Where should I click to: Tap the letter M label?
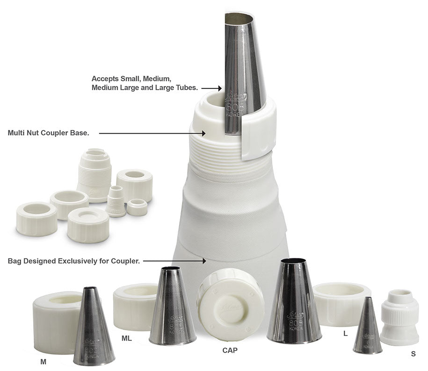(43, 361)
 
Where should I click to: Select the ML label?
(127, 338)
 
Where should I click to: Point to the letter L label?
(346, 334)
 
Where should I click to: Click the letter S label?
(413, 354)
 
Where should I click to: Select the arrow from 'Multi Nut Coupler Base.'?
(152, 133)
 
